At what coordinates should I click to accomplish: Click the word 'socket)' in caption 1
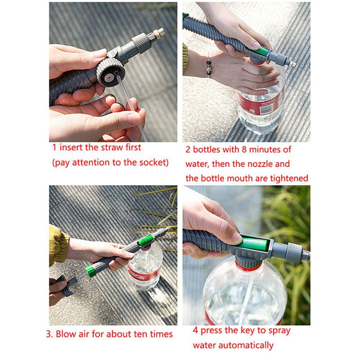[x=154, y=162]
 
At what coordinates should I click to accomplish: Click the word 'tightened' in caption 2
[x=288, y=178]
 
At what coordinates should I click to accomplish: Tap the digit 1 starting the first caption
[x=54, y=147]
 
